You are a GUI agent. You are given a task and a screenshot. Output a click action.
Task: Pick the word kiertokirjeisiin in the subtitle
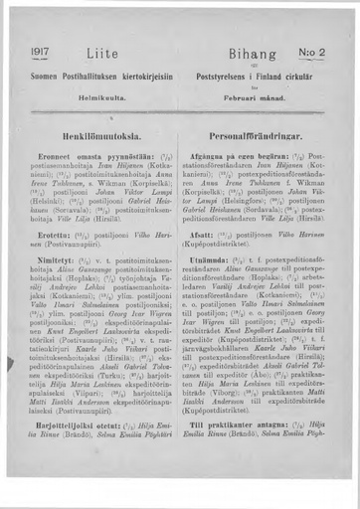coord(141,75)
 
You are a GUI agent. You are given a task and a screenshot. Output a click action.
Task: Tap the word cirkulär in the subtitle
coord(311,75)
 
